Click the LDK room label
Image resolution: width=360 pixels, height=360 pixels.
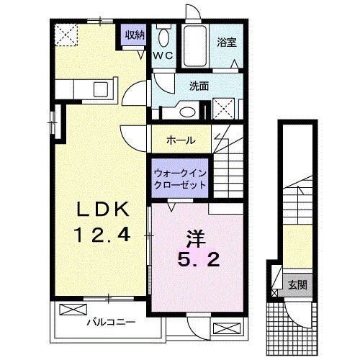coord(103,210)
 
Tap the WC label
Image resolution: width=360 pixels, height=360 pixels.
coord(161,55)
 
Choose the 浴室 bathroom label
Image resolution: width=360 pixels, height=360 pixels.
coord(227,42)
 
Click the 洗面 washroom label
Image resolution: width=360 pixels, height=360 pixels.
coord(199,86)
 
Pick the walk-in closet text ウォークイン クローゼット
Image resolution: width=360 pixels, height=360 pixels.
coord(180,179)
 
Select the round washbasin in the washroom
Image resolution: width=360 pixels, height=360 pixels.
coord(189,111)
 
